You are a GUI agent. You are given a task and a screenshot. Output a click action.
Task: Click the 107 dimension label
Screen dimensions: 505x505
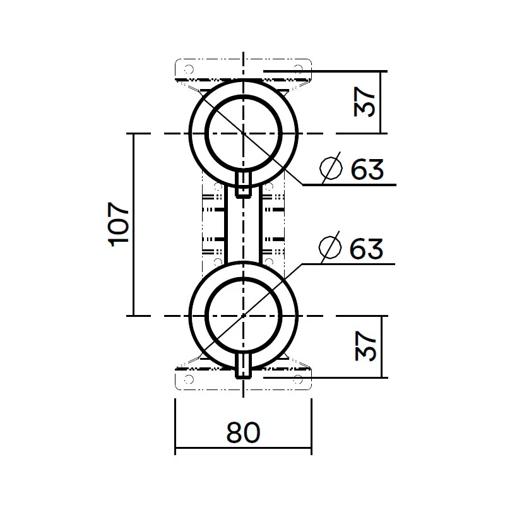click(119, 224)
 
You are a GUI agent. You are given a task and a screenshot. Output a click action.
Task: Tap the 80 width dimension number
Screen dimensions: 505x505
click(243, 432)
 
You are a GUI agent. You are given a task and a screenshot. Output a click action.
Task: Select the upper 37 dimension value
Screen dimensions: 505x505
click(364, 102)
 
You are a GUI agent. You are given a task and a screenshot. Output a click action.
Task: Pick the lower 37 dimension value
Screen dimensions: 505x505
click(365, 346)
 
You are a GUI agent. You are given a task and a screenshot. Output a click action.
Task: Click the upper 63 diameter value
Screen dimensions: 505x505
click(367, 169)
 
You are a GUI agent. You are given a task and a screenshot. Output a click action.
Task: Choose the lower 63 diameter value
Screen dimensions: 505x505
click(366, 248)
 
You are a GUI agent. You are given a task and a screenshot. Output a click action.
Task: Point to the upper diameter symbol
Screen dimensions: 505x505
click(331, 167)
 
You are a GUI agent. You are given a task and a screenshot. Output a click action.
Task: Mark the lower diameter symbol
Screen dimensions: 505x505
click(330, 247)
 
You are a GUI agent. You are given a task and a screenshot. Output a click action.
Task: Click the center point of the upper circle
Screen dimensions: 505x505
click(244, 133)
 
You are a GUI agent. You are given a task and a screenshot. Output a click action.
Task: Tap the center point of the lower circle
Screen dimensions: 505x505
click(244, 316)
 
